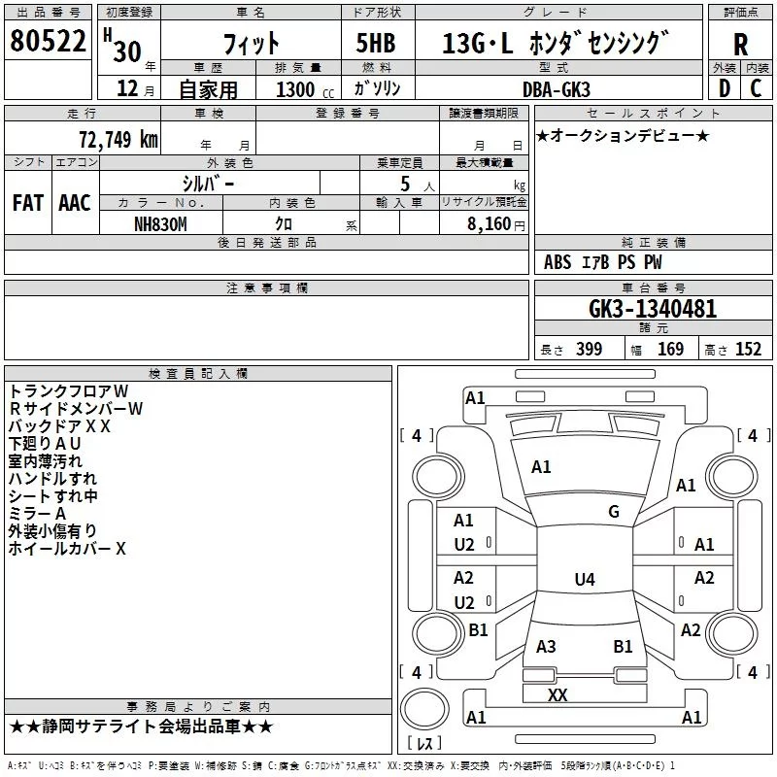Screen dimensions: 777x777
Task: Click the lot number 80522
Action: tap(47, 44)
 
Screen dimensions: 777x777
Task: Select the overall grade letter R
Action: tap(740, 44)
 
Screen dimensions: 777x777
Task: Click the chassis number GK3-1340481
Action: tap(653, 309)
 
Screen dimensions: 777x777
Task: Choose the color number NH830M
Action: tap(162, 223)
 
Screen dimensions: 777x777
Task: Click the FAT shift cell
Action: tap(28, 203)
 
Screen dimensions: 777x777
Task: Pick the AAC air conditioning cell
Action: tap(75, 203)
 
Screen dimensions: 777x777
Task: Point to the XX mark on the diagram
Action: tap(557, 695)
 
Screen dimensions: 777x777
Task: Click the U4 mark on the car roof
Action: tap(584, 580)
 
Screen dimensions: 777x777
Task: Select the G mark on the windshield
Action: tap(614, 512)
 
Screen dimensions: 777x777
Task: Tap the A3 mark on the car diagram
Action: tap(546, 647)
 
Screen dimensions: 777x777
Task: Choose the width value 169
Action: tap(671, 350)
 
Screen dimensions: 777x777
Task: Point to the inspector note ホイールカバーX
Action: tap(68, 549)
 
